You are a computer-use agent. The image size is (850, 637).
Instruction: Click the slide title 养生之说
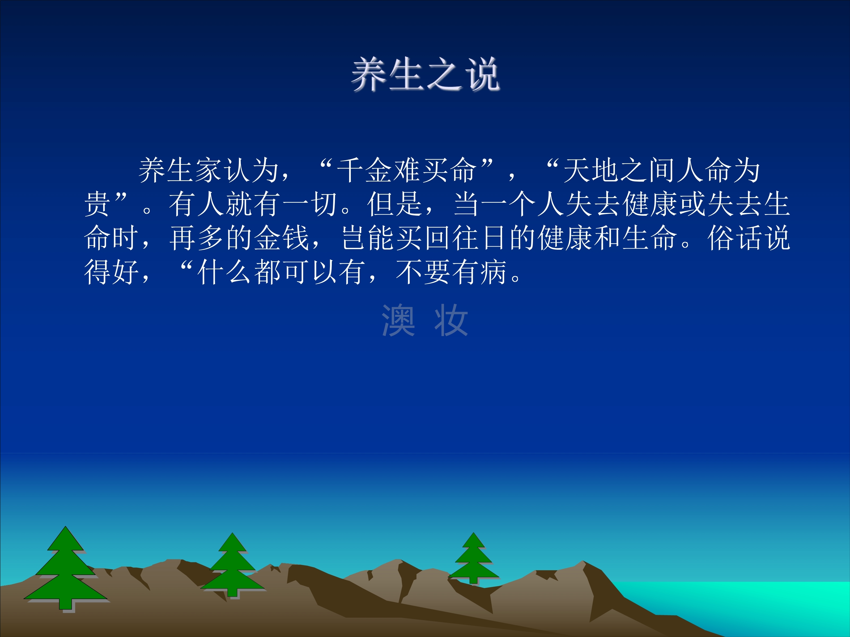coord(425,75)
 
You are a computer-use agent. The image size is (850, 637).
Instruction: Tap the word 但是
coord(395,204)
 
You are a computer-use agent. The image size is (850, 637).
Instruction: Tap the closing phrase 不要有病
coord(452,272)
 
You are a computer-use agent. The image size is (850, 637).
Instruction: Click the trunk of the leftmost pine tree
coord(65,604)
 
